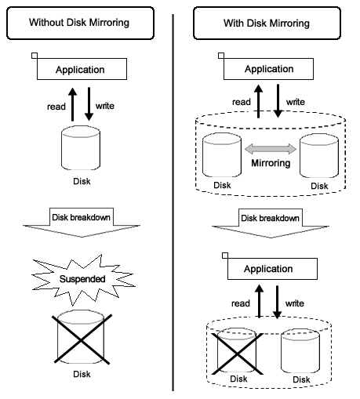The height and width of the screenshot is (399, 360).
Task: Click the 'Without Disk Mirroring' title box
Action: tap(80, 24)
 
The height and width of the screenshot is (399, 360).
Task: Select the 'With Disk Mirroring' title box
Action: tap(267, 24)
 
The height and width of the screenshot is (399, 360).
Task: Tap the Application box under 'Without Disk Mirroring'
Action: tap(82, 69)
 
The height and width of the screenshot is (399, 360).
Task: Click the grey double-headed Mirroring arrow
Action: tap(271, 149)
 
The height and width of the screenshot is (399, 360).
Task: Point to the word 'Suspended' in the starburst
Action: tap(82, 279)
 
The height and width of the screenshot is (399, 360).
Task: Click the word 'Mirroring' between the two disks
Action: tap(271, 163)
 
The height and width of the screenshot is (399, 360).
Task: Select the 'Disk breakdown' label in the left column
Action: tap(81, 217)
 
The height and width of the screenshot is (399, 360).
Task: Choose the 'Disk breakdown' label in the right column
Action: tap(270, 218)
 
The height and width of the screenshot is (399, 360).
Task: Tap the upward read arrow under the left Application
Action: tap(73, 104)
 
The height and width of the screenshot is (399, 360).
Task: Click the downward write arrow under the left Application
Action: tap(89, 104)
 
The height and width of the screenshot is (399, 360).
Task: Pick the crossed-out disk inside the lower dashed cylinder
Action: tap(237, 350)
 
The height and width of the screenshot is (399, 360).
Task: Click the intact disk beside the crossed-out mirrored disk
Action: tap(300, 351)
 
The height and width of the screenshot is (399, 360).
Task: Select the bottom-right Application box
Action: tap(272, 269)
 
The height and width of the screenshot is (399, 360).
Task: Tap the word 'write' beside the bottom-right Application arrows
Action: tap(295, 303)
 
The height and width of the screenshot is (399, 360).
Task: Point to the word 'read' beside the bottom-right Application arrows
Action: tap(241, 303)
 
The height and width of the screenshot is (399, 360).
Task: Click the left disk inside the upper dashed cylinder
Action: tap(222, 155)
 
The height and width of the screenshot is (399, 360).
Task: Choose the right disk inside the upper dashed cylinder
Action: tap(319, 156)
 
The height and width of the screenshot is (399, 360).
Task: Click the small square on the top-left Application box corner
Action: tap(35, 56)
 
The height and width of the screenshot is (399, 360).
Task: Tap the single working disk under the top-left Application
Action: tap(81, 148)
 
